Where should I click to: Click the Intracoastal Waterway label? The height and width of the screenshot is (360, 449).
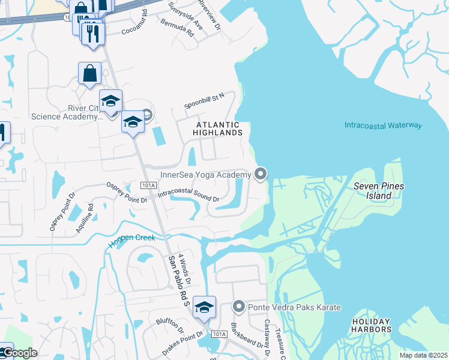tap(383, 125)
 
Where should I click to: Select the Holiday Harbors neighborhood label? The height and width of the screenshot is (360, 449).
tap(372, 325)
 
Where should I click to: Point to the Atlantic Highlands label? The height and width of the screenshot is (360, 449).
tap(217, 128)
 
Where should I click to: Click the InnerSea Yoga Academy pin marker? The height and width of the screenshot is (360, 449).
tap(261, 174)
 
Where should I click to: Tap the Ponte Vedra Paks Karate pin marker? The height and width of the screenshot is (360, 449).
tap(238, 307)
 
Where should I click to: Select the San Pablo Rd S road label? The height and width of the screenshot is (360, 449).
tap(179, 281)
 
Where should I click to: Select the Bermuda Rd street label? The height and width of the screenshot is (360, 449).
tap(177, 28)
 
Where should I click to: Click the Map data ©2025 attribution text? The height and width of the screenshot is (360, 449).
tap(423, 355)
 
